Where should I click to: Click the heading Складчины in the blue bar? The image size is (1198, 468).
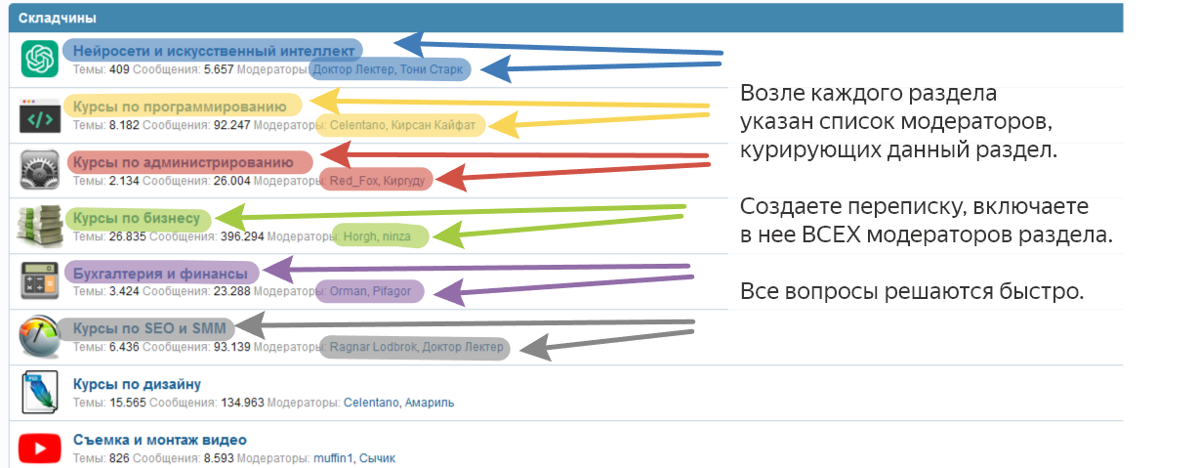58,19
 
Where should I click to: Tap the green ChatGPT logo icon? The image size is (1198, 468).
40,59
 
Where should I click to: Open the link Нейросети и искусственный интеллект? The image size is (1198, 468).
214,51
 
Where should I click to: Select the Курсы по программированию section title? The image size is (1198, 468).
180,106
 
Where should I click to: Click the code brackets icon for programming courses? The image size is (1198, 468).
40,115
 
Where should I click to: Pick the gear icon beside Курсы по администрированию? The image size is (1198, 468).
40,170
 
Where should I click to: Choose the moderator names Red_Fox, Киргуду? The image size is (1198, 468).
377,181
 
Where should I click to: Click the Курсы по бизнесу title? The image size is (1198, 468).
137,218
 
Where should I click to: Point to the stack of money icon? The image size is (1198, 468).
40,226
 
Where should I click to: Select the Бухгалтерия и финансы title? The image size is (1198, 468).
160,274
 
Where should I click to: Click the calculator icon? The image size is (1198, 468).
40,280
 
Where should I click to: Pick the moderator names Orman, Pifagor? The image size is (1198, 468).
370,291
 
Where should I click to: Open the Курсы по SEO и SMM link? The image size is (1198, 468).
149,328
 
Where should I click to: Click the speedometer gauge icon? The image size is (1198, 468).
40,336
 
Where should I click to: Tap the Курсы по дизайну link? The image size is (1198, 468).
137,385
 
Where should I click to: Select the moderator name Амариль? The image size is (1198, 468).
430,403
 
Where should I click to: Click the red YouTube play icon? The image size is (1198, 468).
40,448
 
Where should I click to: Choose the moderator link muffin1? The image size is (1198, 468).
333,458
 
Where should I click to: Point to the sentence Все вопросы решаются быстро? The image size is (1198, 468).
912,291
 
